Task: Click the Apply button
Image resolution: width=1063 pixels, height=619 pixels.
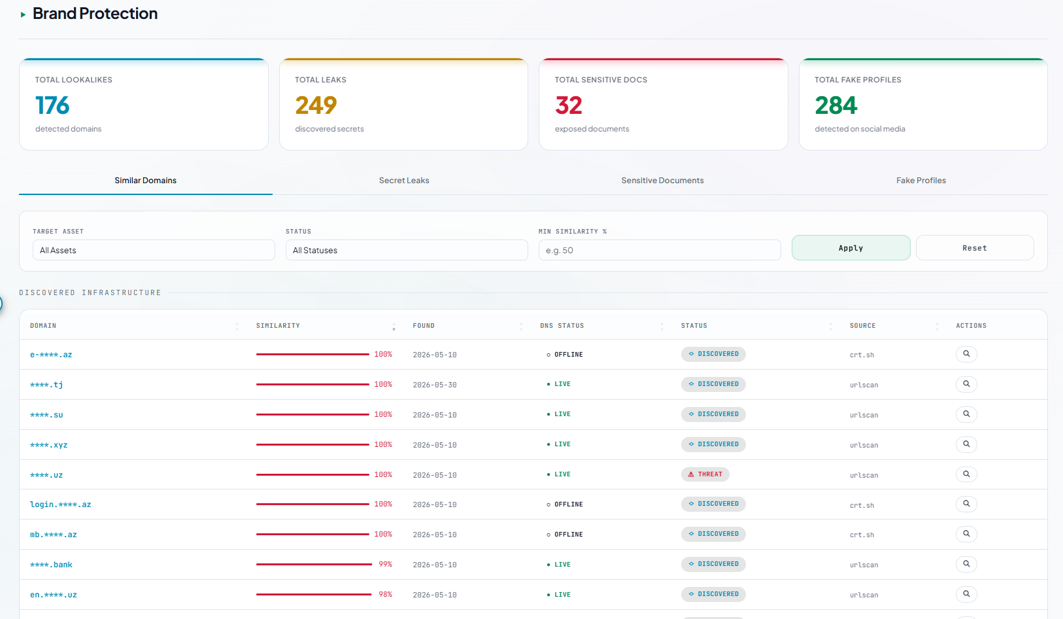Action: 851,247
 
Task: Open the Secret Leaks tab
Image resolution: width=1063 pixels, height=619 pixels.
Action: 404,180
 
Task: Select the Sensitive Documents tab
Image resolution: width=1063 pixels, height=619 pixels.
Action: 662,180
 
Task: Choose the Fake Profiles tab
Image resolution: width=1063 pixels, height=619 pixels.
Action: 920,180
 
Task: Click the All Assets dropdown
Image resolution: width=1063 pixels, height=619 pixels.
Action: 154,250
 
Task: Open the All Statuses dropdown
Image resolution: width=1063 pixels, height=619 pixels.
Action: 407,250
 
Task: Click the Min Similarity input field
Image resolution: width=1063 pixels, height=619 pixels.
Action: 660,250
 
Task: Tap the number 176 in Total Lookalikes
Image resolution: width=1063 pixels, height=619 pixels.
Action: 52,105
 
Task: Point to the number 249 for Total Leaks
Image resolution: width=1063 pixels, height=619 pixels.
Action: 316,105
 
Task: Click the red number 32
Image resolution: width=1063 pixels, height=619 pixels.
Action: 568,105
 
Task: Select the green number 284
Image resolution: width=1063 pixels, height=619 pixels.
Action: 835,105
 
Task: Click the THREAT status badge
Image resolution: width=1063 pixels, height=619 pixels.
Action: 705,474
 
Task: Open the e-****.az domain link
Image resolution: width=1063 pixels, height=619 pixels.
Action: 51,355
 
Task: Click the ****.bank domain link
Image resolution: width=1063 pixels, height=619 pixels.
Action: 51,565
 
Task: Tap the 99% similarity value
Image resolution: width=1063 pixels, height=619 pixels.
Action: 385,565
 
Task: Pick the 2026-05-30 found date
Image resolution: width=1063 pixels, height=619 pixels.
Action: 435,385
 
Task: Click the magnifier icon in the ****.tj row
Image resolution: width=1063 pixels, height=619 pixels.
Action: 966,384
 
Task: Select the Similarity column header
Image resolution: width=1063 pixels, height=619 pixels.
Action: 278,325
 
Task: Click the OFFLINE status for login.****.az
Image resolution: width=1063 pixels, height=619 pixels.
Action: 565,504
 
